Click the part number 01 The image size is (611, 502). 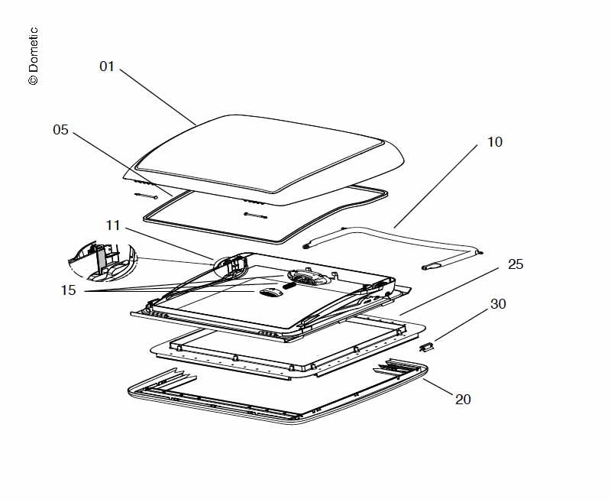[x=107, y=66]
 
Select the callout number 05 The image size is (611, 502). [x=61, y=130]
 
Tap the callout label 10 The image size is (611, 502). [x=495, y=142]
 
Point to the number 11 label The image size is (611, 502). [x=113, y=225]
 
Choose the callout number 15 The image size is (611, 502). [x=69, y=291]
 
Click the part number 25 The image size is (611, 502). [x=516, y=264]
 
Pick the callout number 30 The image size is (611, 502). [x=498, y=304]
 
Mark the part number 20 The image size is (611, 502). [x=463, y=399]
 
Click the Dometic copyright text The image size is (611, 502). [x=33, y=57]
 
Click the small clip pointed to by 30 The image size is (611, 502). [x=427, y=348]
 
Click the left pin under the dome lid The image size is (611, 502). [x=147, y=196]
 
